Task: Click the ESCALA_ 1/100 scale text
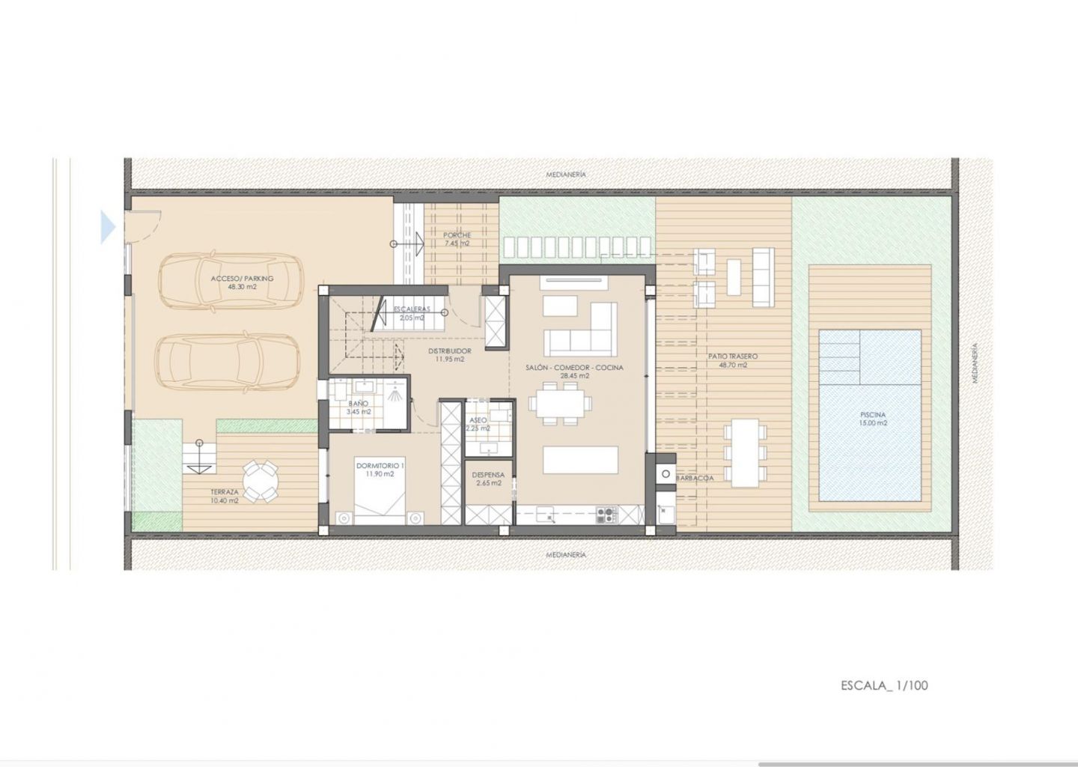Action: tap(884, 685)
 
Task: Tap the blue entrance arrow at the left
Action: tap(109, 227)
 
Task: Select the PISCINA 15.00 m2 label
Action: tap(873, 419)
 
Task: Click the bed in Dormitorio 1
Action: tap(380, 491)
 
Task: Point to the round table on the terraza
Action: tap(260, 482)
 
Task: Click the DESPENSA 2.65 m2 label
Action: tap(488, 479)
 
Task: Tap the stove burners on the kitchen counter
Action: tap(606, 515)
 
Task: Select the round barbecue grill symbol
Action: tap(666, 474)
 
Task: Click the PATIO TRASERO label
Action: tap(732, 357)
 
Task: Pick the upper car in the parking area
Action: tap(231, 281)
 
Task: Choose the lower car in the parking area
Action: tap(228, 362)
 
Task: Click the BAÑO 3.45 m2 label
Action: tap(359, 407)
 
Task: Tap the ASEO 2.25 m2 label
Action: tap(478, 424)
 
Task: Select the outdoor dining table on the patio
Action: tap(744, 452)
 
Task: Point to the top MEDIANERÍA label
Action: tap(566, 175)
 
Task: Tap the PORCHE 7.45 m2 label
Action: tap(457, 239)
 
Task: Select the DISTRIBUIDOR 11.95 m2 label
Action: tap(449, 355)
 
